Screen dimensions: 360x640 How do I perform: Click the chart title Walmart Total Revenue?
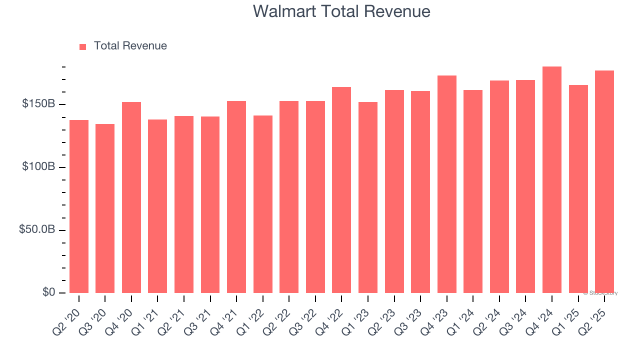(x=341, y=11)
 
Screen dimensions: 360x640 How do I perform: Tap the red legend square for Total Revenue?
(x=83, y=46)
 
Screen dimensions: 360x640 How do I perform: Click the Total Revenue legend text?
(x=130, y=46)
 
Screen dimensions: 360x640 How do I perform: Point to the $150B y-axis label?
(x=38, y=104)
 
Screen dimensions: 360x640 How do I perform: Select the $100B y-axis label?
(x=38, y=167)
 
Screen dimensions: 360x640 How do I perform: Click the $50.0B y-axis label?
(x=36, y=230)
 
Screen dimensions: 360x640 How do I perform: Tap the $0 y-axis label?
(x=48, y=292)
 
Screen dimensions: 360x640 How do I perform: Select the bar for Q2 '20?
(x=79, y=206)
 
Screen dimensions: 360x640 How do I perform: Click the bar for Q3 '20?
(x=105, y=208)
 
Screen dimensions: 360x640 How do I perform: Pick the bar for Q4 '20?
(x=131, y=197)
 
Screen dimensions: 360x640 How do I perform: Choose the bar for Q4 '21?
(x=236, y=196)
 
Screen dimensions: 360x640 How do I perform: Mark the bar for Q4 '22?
(x=341, y=189)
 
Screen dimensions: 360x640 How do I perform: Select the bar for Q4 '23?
(x=446, y=184)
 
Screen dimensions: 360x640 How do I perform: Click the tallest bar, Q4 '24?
(x=552, y=179)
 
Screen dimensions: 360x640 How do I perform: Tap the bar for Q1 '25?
(x=578, y=188)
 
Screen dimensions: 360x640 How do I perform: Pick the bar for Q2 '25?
(x=604, y=181)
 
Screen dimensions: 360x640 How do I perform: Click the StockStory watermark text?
(x=600, y=293)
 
